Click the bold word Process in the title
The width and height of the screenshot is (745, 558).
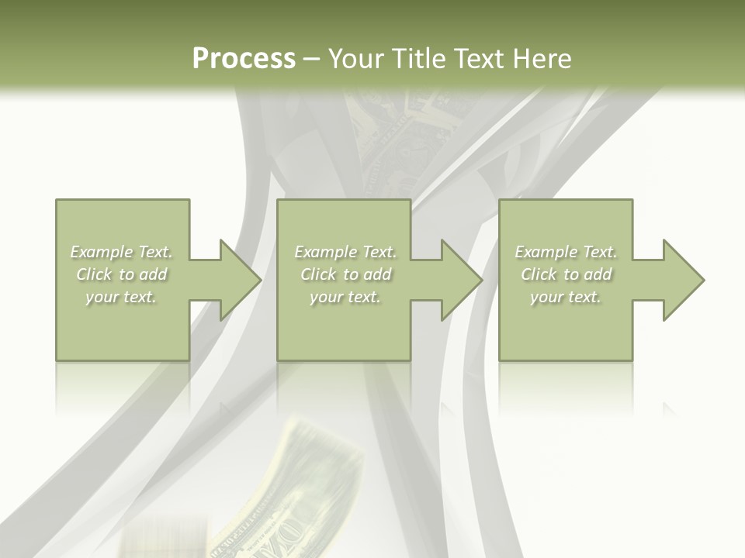pos(244,59)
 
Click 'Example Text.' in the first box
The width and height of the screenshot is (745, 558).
pos(122,252)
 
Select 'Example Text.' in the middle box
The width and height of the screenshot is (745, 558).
pos(345,252)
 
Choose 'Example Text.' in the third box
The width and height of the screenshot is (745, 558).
pos(566,252)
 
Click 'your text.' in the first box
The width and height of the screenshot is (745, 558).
pos(121,297)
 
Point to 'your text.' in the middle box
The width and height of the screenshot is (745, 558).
pos(345,297)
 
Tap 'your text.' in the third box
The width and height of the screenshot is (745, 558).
pos(566,297)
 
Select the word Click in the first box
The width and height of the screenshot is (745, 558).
pos(93,274)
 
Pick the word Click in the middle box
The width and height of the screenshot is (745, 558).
pos(317,274)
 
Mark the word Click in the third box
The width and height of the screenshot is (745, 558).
pos(539,274)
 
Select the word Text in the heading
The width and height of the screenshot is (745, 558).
pos(476,59)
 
